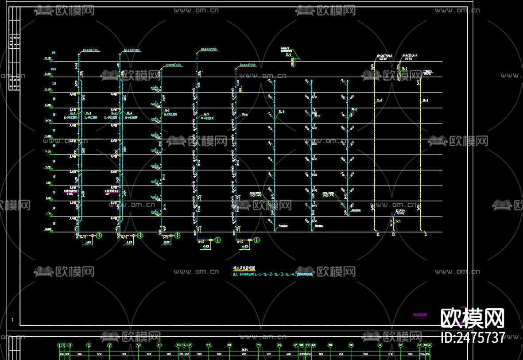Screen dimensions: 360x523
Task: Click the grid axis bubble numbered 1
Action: click(x=59, y=345)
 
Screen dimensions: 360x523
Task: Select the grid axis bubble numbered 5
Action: click(x=89, y=345)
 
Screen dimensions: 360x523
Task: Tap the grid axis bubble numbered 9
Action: click(x=139, y=345)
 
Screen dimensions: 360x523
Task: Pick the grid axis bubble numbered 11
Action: click(x=159, y=345)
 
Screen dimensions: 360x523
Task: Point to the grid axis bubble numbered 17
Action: click(x=209, y=345)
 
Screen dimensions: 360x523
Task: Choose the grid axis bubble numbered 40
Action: click(x=430, y=345)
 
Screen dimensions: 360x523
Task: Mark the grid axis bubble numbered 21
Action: click(x=259, y=345)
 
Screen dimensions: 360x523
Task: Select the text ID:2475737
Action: click(x=473, y=338)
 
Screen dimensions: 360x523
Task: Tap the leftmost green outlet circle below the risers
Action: click(x=99, y=236)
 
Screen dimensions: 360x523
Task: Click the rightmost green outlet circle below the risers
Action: click(x=257, y=240)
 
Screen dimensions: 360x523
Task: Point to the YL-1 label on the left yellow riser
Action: click(x=379, y=101)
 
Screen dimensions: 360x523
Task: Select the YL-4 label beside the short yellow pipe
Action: click(x=398, y=221)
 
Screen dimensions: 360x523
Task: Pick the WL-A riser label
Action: click(x=244, y=114)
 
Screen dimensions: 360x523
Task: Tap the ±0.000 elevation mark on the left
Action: click(x=47, y=229)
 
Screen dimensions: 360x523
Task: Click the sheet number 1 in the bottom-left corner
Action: click(x=13, y=320)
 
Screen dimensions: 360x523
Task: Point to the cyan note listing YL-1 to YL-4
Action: click(x=266, y=275)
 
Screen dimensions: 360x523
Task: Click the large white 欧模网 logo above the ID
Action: click(x=473, y=318)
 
